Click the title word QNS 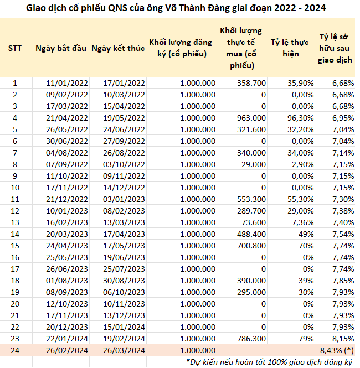[117, 8]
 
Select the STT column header [15, 48]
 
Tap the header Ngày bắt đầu [61, 48]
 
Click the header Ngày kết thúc [118, 48]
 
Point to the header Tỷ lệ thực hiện [290, 48]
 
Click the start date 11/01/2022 [66, 83]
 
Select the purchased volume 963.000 [251, 118]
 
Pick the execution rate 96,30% [300, 118]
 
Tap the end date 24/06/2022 [124, 129]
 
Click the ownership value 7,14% [343, 153]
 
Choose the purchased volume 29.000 [254, 164]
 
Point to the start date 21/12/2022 [66, 199]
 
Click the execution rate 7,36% [303, 222]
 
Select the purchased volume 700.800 [251, 246]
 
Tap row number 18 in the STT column [15, 281]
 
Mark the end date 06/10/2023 [124, 292]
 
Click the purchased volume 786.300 [251, 339]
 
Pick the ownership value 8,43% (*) [337, 350]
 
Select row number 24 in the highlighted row [15, 350]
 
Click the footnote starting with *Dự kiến [269, 362]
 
